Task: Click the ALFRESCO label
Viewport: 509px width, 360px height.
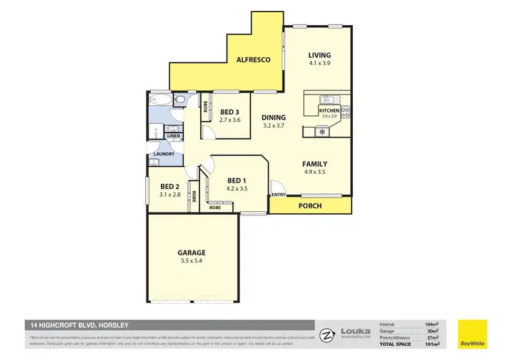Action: click(x=253, y=60)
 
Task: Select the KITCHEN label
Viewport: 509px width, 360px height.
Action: click(x=328, y=110)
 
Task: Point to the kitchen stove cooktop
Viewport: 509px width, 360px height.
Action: click(x=345, y=111)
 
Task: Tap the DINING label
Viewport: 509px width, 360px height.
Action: click(x=274, y=117)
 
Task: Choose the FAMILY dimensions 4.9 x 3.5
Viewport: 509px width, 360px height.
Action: click(x=315, y=173)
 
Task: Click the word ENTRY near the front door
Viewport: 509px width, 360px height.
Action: click(x=278, y=196)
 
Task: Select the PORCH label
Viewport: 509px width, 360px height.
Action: click(x=310, y=206)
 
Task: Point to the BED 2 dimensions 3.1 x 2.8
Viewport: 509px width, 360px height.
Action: click(x=169, y=194)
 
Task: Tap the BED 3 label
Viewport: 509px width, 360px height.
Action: click(x=229, y=112)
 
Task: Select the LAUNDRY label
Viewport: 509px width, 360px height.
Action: click(x=164, y=154)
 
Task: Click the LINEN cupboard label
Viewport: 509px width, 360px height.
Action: click(x=174, y=136)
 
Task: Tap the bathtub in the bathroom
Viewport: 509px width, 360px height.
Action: click(x=160, y=101)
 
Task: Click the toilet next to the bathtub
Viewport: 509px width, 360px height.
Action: click(x=181, y=101)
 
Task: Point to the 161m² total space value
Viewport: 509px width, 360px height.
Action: click(x=430, y=344)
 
